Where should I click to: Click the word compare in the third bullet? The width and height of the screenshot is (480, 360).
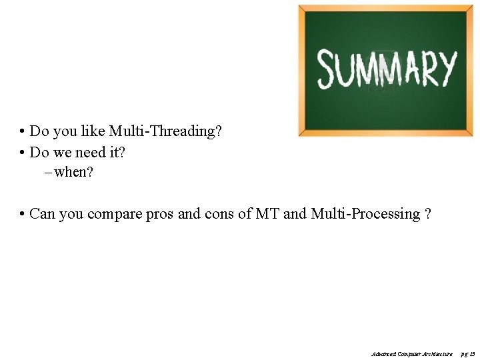coord(119,214)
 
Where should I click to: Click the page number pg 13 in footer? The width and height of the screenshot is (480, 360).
coord(468,353)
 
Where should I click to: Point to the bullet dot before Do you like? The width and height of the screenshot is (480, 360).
coord(23,132)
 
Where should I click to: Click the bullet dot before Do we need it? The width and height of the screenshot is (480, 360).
coord(23,153)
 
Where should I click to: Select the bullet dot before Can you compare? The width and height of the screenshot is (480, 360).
coord(23,215)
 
